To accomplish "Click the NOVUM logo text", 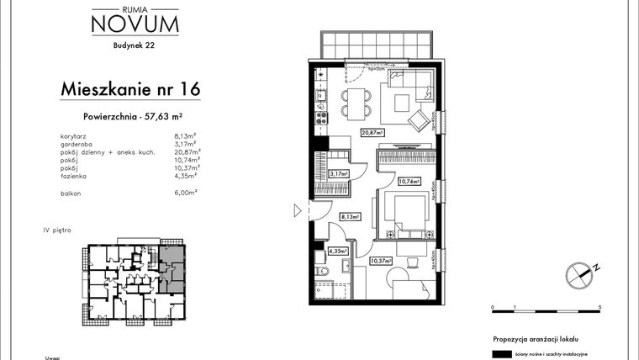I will click(x=135, y=24).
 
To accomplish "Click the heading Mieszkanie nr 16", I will click(x=130, y=88).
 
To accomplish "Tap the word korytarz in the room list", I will click(x=76, y=135).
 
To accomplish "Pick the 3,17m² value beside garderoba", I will click(x=184, y=142).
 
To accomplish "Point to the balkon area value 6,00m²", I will click(x=184, y=192).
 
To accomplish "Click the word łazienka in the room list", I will click(x=76, y=176).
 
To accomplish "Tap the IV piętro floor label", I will click(x=56, y=229).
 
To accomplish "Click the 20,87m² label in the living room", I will click(x=372, y=133).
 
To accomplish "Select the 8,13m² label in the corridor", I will click(x=349, y=216).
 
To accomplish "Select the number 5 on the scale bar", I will click(x=600, y=309).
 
